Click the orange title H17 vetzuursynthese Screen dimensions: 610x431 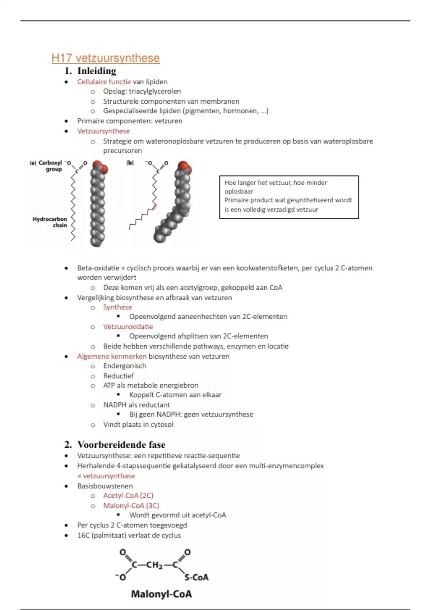pyautogui.click(x=105, y=58)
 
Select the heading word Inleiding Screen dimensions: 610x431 pyautogui.click(x=97, y=71)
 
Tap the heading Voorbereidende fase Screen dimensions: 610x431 pyautogui.click(x=121, y=445)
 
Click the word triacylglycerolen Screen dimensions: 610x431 pyautogui.click(x=155, y=91)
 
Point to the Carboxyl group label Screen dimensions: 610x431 pyautogui.click(x=50, y=166)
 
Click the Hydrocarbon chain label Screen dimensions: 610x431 pyautogui.click(x=50, y=222)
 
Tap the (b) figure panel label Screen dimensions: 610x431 pyautogui.click(x=130, y=163)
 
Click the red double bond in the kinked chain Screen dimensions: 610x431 pyautogui.click(x=154, y=207)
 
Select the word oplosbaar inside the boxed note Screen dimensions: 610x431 pyautogui.click(x=239, y=191)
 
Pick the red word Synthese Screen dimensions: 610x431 pyautogui.click(x=117, y=307)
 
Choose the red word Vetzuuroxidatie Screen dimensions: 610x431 pyautogui.click(x=128, y=327)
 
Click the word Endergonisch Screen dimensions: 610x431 pyautogui.click(x=125, y=366)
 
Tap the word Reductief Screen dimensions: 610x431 pyautogui.click(x=118, y=376)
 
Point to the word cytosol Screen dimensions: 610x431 pyautogui.click(x=162, y=424)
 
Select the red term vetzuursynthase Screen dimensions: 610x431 pyautogui.click(x=109, y=476)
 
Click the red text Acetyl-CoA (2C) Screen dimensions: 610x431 pyautogui.click(x=128, y=496)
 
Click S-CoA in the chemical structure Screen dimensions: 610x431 pyautogui.click(x=196, y=577)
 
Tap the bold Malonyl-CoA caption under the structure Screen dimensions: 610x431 pyautogui.click(x=161, y=594)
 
